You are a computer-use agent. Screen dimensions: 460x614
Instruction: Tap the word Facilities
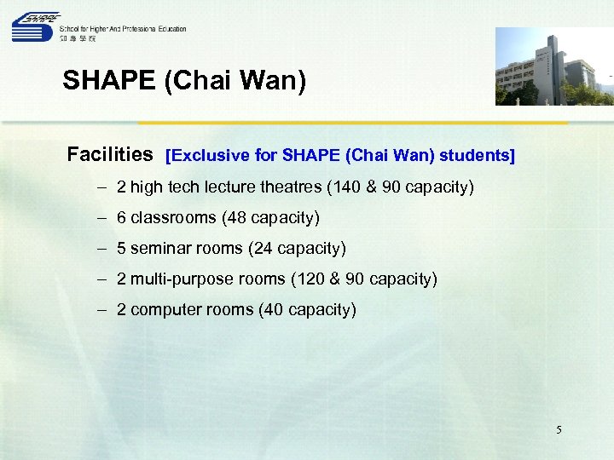(110, 155)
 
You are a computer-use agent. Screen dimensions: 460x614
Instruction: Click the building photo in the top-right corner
(554, 66)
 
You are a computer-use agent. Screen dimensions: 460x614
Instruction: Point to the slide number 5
(559, 430)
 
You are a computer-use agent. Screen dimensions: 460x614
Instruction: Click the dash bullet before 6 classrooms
(101, 217)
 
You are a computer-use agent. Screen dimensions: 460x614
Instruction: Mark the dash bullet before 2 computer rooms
(101, 309)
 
